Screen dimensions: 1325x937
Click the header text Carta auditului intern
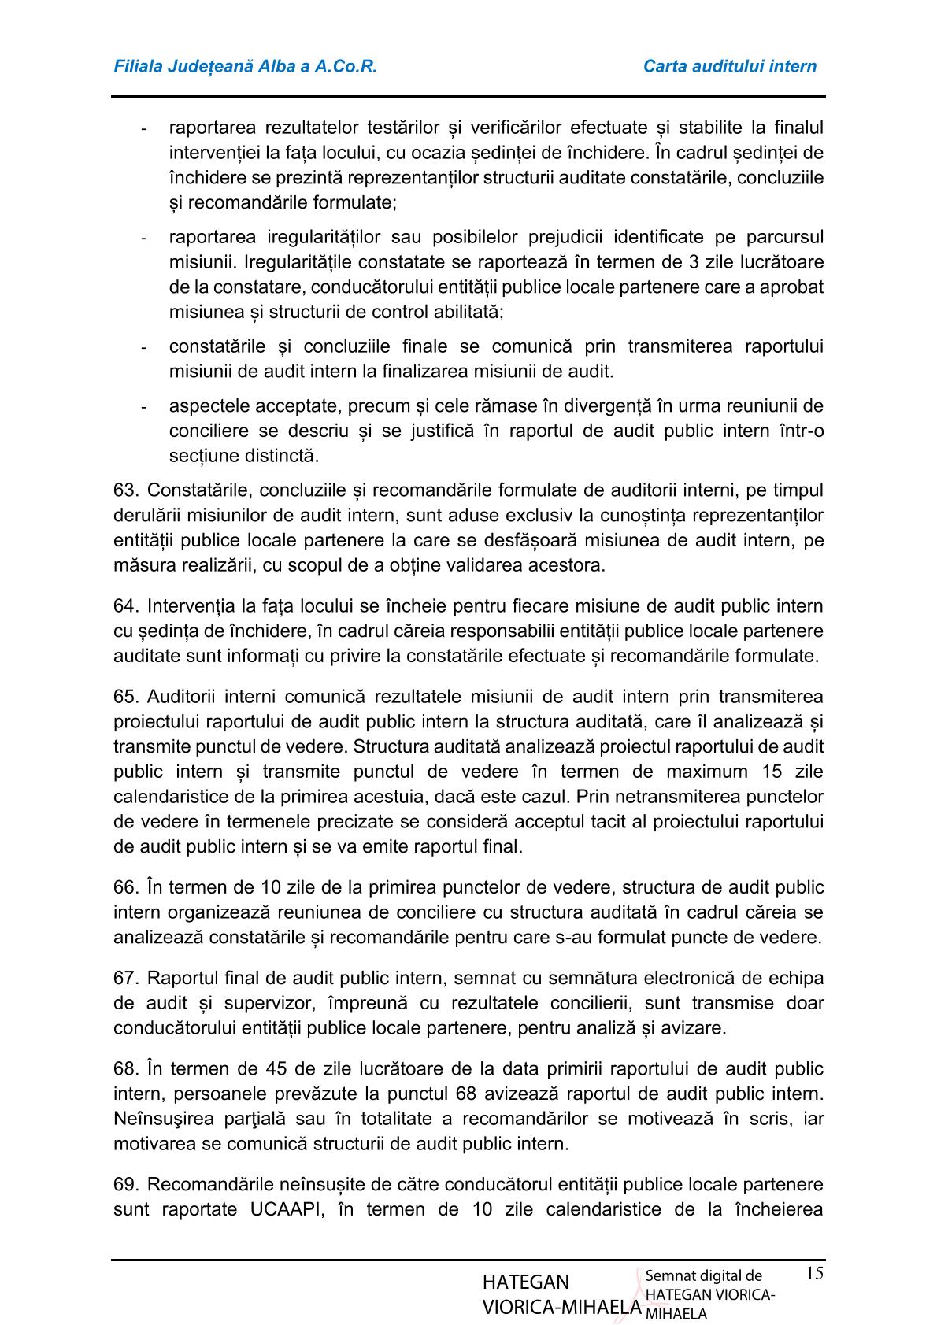click(x=729, y=66)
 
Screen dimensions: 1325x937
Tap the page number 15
click(x=814, y=1273)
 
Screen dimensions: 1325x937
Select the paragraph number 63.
click(x=126, y=490)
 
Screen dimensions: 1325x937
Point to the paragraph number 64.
click(x=126, y=606)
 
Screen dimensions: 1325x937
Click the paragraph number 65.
click(x=126, y=697)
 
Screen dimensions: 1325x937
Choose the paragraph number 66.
click(x=126, y=887)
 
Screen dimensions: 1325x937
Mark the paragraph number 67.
click(x=126, y=979)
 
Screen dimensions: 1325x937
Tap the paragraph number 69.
click(x=126, y=1185)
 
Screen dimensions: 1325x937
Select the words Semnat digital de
click(x=703, y=1276)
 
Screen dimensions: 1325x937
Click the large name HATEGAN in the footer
click(x=526, y=1282)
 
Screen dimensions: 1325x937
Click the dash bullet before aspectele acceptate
click(x=143, y=407)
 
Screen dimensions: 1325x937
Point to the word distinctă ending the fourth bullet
click(x=283, y=456)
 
